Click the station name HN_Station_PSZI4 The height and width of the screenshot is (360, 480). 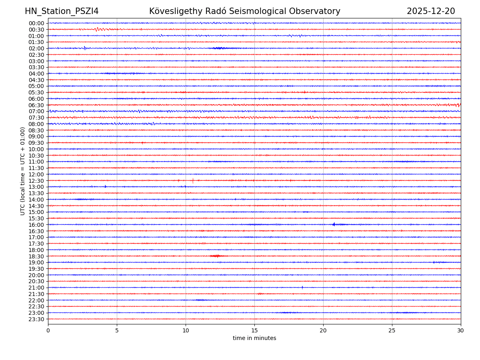tap(62, 11)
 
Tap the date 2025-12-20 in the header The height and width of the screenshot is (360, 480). tap(431, 11)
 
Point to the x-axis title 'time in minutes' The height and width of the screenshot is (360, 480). tap(254, 338)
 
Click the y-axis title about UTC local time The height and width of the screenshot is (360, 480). tap(23, 171)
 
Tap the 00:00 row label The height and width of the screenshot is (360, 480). tap(36, 23)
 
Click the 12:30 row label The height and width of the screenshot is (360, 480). tap(36, 181)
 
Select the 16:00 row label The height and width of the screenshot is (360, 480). tap(36, 225)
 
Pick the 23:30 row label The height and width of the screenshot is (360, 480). tap(36, 319)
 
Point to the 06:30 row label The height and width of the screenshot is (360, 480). tap(36, 105)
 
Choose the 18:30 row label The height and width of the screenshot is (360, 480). tap(36, 256)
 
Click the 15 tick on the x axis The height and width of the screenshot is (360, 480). tap(254, 330)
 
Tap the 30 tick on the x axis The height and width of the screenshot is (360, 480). tap(461, 330)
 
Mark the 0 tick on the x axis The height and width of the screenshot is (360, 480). tap(48, 330)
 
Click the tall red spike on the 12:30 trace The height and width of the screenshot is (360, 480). tap(193, 180)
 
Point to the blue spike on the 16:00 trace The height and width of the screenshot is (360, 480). tap(334, 224)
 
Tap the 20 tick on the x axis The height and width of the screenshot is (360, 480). tap(323, 330)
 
